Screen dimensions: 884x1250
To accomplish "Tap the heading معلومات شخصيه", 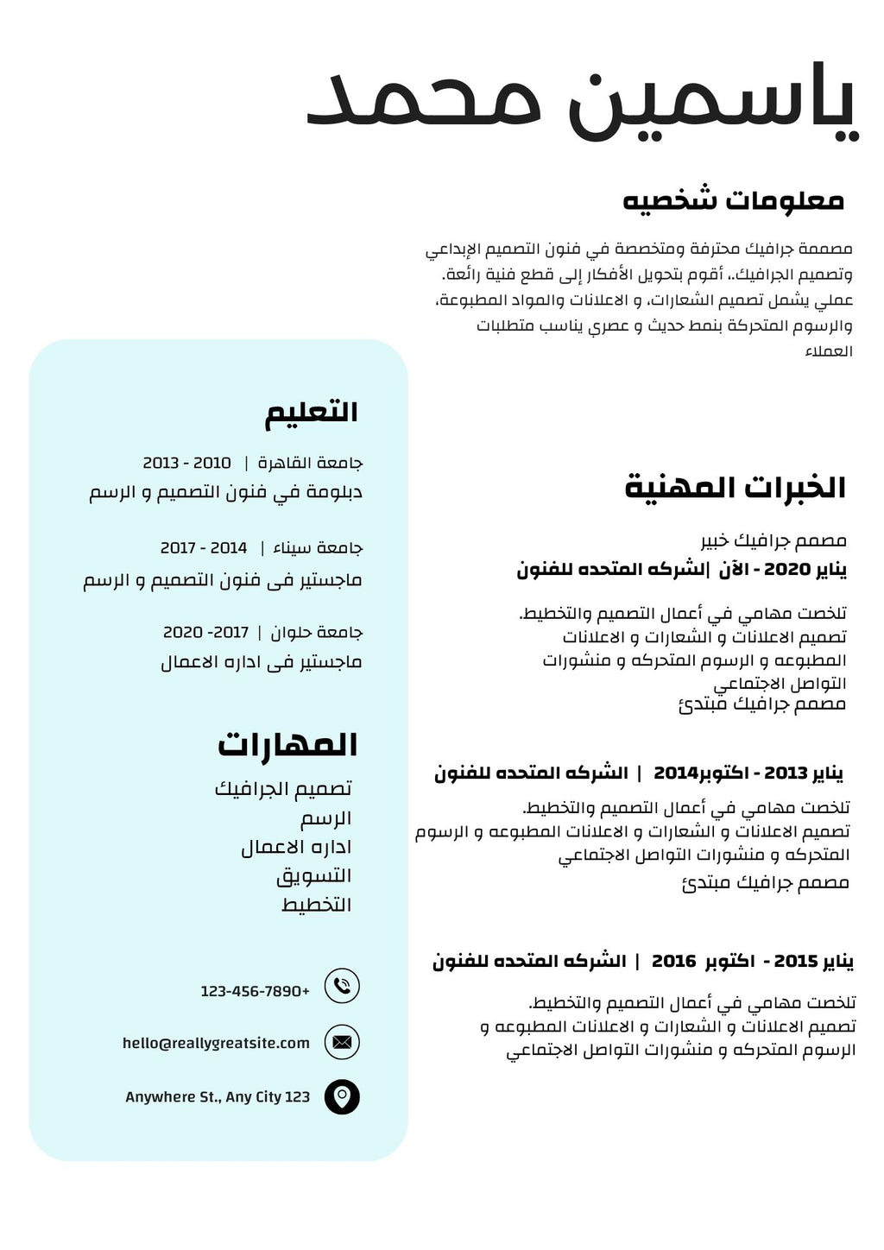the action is (733, 200).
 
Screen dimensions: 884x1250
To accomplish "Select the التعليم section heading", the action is (311, 413).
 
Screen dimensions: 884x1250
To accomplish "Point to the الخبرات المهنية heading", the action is (735, 488).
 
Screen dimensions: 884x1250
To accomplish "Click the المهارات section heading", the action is (287, 744).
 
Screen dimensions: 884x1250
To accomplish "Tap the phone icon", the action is (342, 986).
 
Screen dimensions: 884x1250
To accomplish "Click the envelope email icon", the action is (342, 1042).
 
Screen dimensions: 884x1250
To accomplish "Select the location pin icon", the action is (342, 1097).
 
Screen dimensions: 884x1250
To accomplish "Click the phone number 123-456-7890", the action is (255, 991).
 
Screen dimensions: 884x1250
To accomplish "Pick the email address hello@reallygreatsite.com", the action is (216, 1043).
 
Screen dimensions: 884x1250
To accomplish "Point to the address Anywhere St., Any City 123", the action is (218, 1097).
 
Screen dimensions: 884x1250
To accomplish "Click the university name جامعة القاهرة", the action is (311, 464).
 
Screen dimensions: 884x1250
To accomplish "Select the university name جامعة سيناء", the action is (318, 548).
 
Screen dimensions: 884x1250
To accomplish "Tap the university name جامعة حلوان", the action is (317, 633).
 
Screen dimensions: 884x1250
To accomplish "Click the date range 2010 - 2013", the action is (186, 464).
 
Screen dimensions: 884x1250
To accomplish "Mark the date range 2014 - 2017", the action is (204, 548).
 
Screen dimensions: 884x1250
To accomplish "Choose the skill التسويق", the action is (314, 876).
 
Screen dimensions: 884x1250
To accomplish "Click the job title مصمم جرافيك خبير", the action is (773, 541).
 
